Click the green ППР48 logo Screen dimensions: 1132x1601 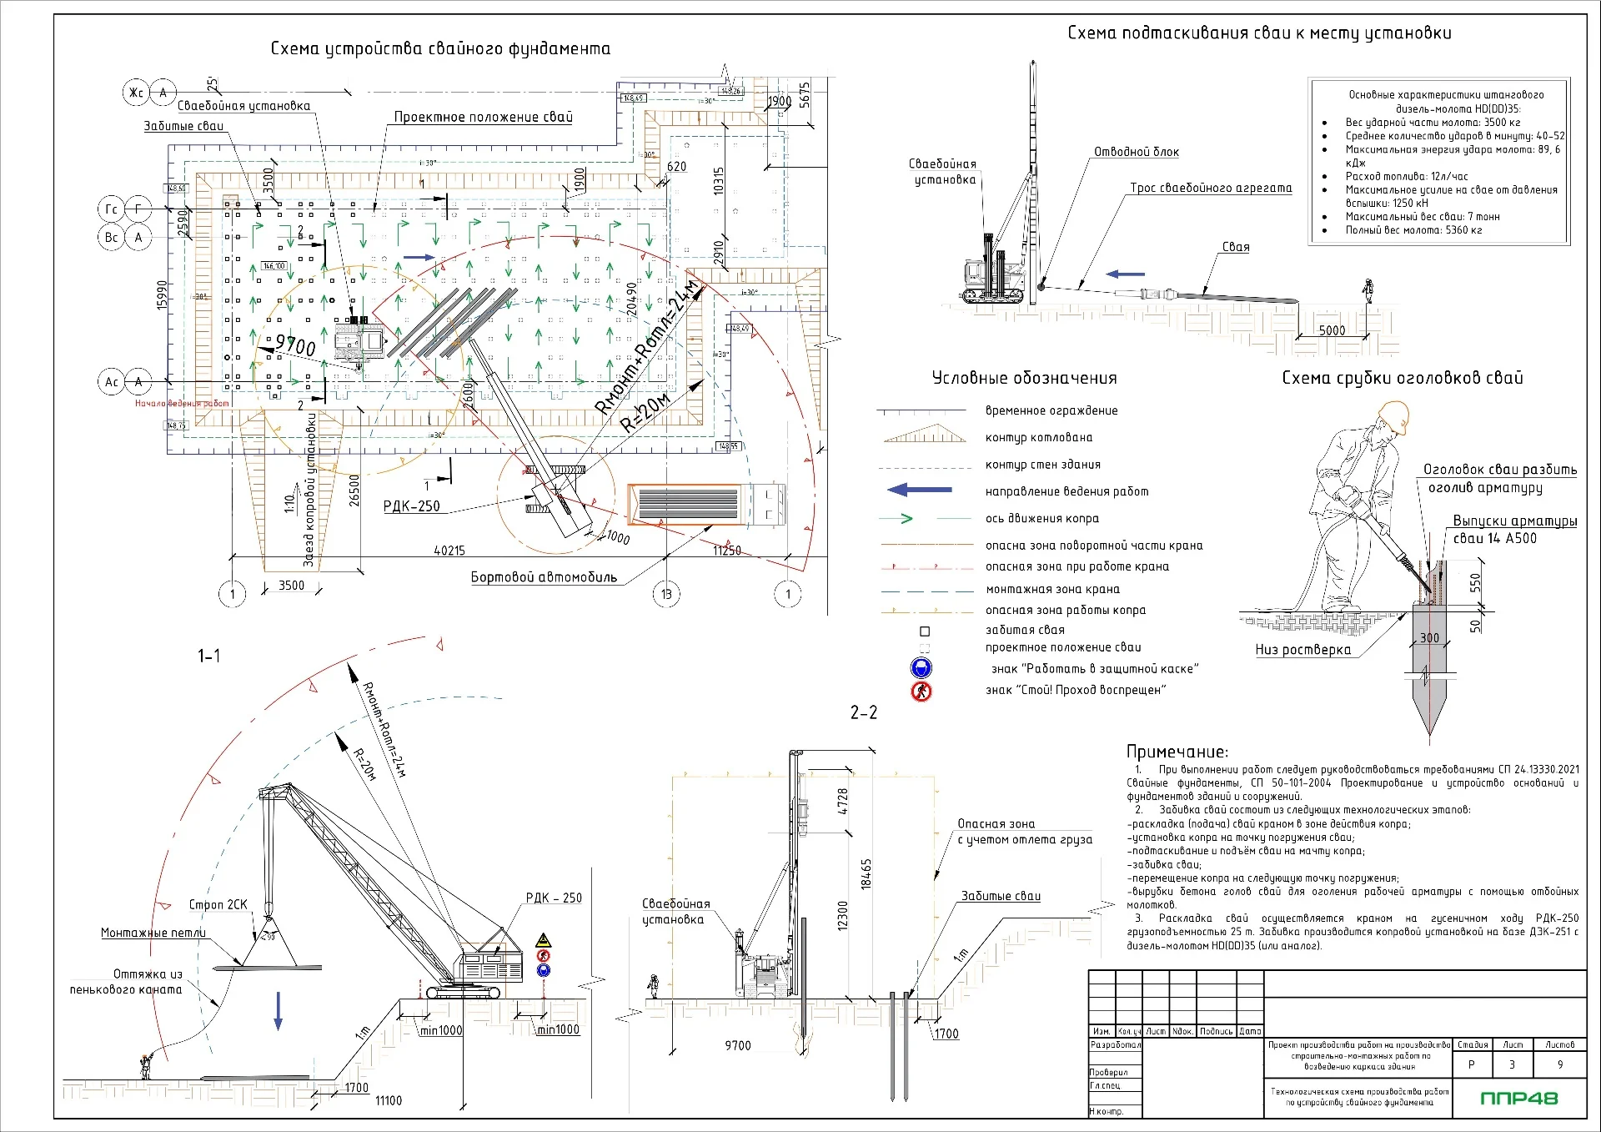pos(1518,1098)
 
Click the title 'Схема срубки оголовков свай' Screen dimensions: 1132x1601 pos(1402,378)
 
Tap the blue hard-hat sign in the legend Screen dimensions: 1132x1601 pos(921,667)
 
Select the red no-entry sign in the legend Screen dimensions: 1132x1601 pos(921,691)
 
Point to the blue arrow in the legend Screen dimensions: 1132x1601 pos(919,491)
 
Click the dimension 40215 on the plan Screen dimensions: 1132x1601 pos(449,551)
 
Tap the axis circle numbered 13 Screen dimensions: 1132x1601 pos(666,594)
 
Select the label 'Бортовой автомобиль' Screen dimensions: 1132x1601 pos(544,577)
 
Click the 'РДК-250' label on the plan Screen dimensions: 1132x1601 pos(411,506)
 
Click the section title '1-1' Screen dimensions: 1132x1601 pos(208,656)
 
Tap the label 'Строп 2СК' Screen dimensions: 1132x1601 pos(218,904)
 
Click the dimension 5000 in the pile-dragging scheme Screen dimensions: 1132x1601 pos(1332,330)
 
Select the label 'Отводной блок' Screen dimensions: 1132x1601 pos(1137,152)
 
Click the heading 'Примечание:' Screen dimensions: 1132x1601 pos(1177,752)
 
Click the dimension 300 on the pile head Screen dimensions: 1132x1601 pos(1429,638)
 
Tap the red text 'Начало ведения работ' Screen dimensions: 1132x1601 pos(182,404)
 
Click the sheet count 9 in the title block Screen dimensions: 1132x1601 pos(1560,1064)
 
